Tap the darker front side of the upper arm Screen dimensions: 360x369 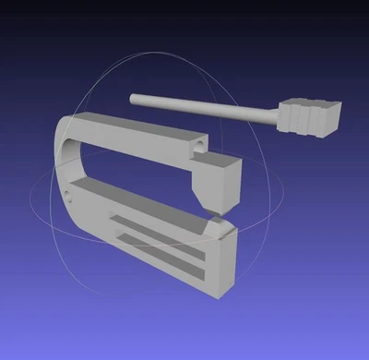click(138, 148)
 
